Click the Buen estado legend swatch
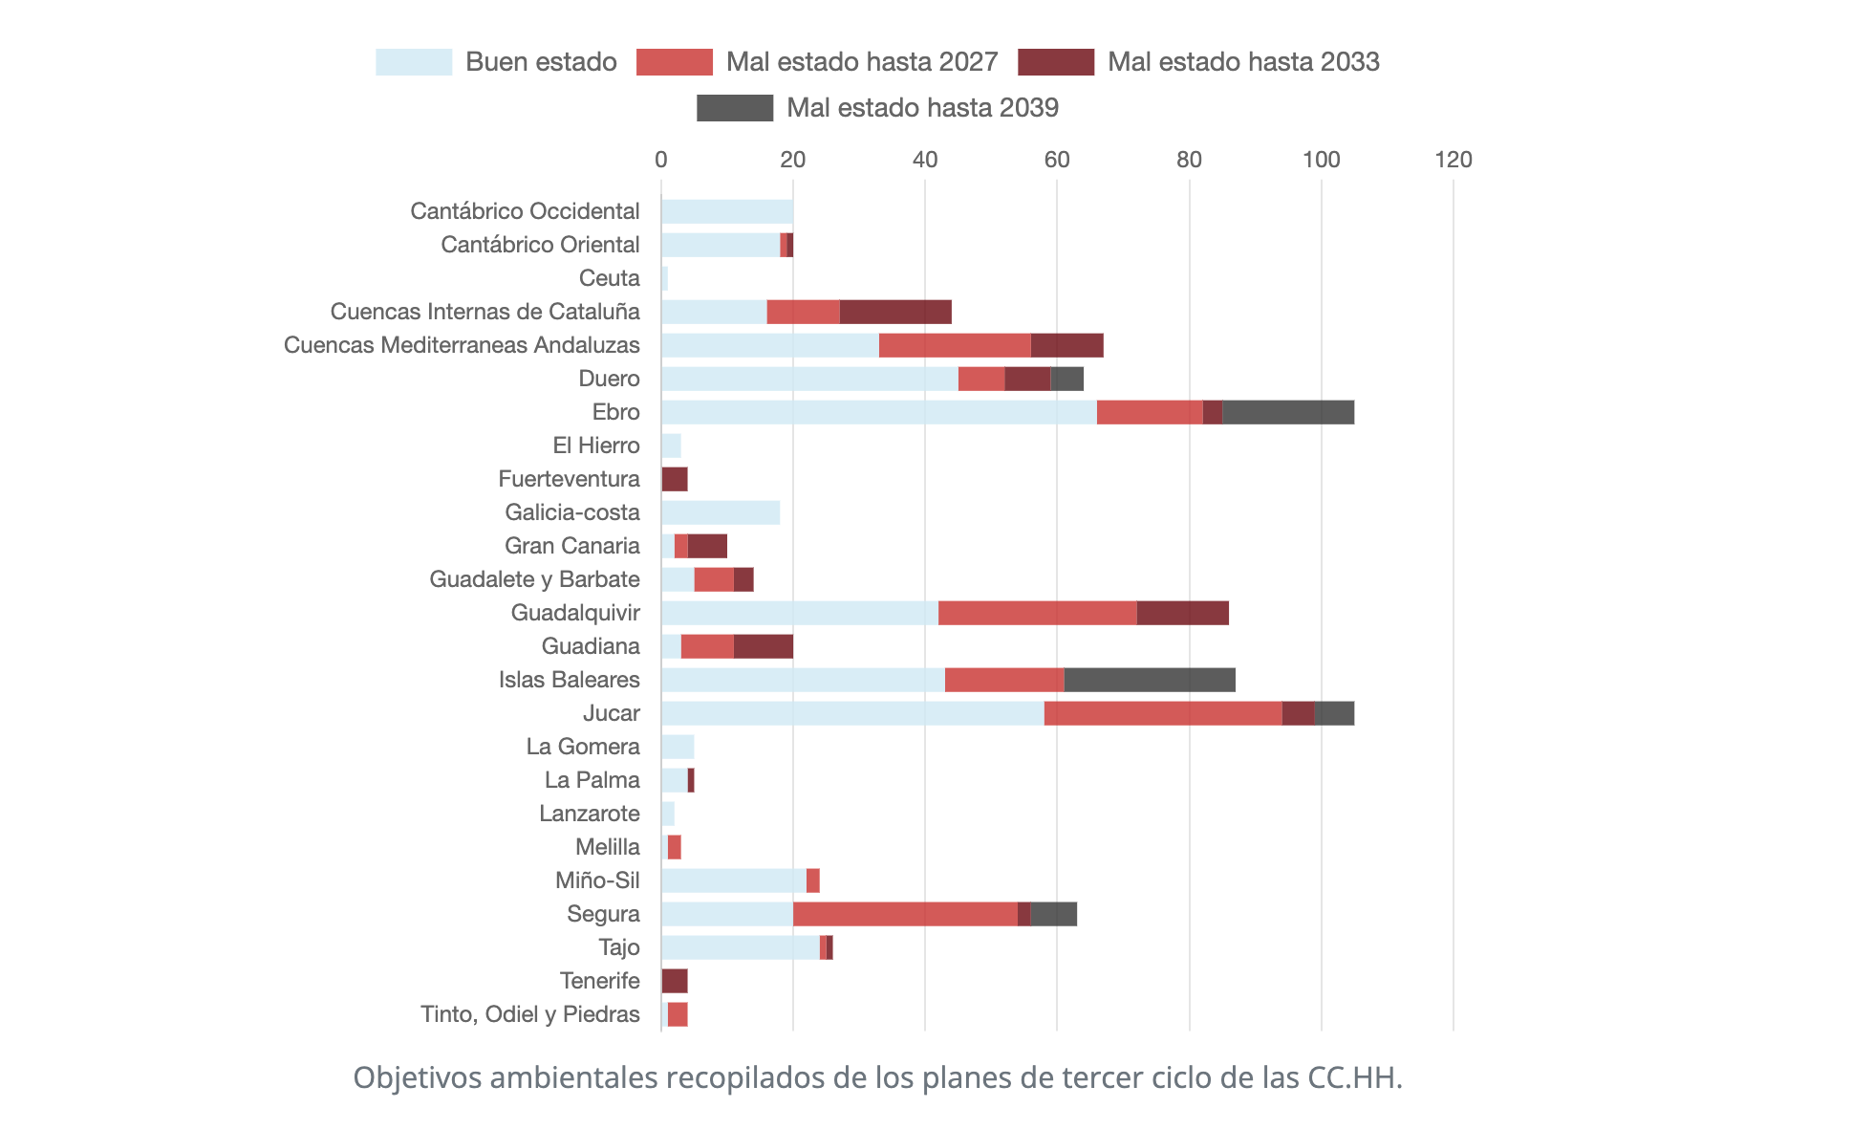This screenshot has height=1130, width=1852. pos(414,62)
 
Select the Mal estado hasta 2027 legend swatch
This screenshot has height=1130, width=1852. pos(675,62)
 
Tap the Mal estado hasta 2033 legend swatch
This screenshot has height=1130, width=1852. pos(1056,62)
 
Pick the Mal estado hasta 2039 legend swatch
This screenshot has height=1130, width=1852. pos(735,108)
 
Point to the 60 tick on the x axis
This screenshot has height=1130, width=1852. pos(1057,160)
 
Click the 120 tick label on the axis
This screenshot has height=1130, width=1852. pos(1454,160)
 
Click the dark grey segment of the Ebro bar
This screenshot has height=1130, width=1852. pos(1288,412)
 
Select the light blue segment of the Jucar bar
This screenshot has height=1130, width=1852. pos(852,713)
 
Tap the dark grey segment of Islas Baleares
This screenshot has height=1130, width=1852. pos(1150,680)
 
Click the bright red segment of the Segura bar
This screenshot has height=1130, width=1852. pos(905,914)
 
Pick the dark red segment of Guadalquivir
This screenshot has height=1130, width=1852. pos(1183,613)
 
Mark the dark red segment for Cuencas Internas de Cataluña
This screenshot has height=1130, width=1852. pos(895,312)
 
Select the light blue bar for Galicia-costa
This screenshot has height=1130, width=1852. pos(721,512)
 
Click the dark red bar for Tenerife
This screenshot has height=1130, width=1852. pos(675,981)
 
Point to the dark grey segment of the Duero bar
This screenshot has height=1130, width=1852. pos(1067,379)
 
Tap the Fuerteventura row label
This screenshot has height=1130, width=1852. pos(570,479)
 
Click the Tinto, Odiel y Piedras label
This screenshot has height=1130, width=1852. pos(530,1014)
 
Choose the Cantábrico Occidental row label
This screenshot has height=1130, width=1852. pos(526,211)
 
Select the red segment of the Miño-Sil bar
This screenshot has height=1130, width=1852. pos(813,880)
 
